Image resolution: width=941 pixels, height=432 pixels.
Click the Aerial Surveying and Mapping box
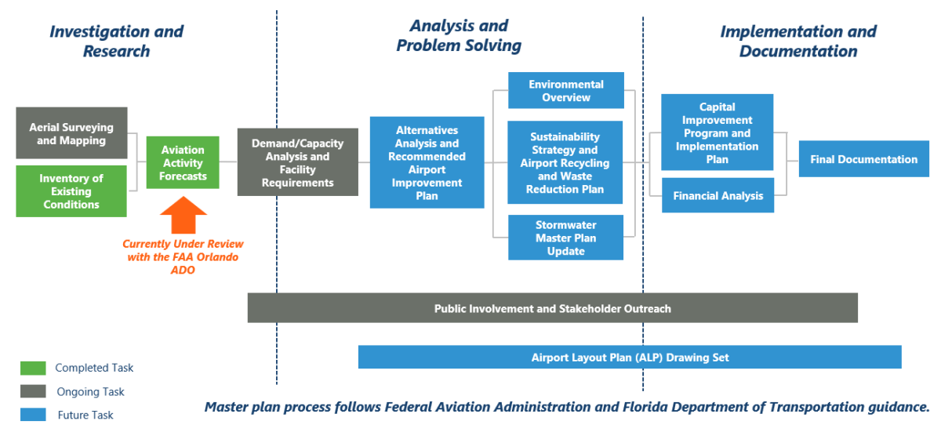(x=71, y=133)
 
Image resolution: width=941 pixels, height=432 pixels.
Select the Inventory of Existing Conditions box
(x=71, y=191)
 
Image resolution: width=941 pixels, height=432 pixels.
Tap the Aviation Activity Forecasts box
(x=183, y=162)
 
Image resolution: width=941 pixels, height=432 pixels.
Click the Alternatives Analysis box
(x=427, y=162)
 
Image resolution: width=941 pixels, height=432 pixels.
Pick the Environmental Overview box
(x=565, y=90)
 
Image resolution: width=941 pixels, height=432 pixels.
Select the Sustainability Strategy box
(x=565, y=162)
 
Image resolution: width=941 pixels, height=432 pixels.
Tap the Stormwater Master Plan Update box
(x=565, y=238)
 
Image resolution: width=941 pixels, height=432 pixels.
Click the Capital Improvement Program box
(x=717, y=133)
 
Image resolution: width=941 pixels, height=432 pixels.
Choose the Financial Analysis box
(x=718, y=195)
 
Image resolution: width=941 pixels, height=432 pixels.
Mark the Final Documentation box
(x=863, y=159)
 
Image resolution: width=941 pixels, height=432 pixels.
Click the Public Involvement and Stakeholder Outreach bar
(x=552, y=308)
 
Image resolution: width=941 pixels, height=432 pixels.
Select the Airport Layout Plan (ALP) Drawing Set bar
(x=630, y=357)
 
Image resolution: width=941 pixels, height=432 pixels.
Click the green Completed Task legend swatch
(x=33, y=368)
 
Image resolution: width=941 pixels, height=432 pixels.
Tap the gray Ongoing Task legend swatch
(x=33, y=391)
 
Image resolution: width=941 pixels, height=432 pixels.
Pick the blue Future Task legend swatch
(x=33, y=415)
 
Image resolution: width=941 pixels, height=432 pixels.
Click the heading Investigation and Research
(x=116, y=42)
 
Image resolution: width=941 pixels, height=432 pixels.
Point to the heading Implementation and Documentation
(x=797, y=42)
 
